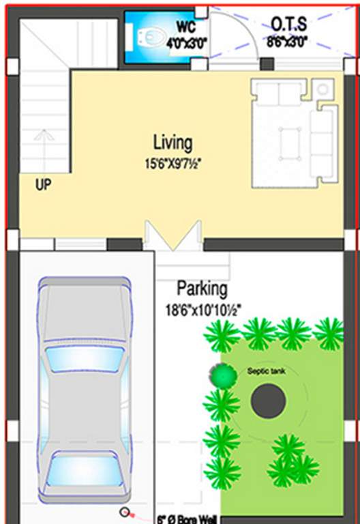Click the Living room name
point(172,143)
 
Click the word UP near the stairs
point(43,184)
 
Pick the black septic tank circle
point(268,401)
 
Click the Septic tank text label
point(262,372)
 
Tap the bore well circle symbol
point(125,512)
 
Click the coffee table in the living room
point(290,144)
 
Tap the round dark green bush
point(221,374)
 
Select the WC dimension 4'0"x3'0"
point(187,42)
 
